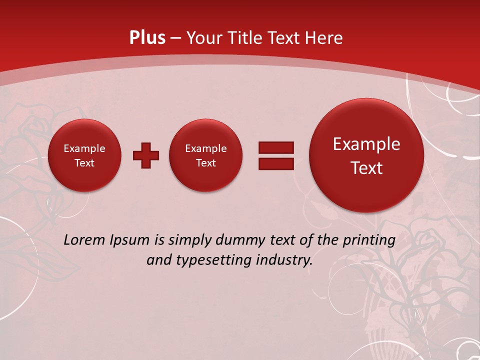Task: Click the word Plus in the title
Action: tap(147, 38)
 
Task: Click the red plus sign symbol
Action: tap(146, 155)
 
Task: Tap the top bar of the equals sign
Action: tap(276, 147)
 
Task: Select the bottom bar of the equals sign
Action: tap(276, 163)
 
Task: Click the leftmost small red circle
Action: tap(84, 155)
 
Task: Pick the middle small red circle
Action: tap(206, 155)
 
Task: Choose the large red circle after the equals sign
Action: tap(366, 155)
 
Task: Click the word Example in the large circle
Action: tap(366, 144)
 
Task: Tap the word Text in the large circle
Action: tap(366, 168)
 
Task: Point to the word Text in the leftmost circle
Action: tap(84, 163)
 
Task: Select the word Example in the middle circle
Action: tap(206, 148)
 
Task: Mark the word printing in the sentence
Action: tap(369, 240)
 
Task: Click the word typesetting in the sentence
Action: tap(210, 260)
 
